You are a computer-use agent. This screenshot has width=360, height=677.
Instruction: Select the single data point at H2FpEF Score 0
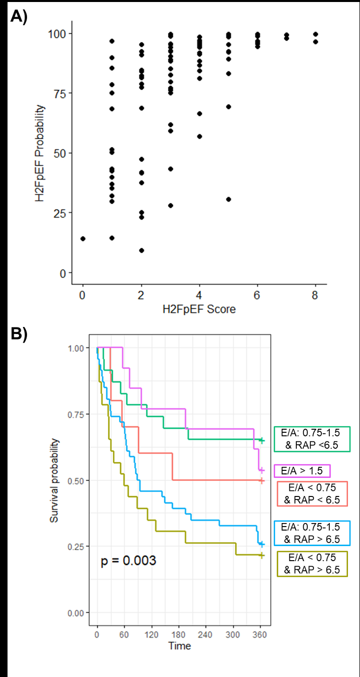point(83,239)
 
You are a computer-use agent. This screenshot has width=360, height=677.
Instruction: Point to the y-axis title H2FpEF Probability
point(40,152)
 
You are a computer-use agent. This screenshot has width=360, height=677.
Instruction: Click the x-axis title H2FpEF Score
point(200,309)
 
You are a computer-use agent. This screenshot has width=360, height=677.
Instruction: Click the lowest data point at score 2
point(141,250)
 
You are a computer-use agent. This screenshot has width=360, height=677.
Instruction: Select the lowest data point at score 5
point(229,199)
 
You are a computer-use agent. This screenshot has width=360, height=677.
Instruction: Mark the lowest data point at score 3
point(170,206)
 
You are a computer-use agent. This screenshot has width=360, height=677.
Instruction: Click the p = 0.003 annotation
point(128,560)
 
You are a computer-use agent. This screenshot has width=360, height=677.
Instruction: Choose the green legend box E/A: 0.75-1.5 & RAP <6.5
point(312,439)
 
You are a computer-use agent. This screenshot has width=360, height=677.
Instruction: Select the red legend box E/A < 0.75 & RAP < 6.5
point(312,493)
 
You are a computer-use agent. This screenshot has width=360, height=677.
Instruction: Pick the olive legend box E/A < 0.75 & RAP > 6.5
point(312,564)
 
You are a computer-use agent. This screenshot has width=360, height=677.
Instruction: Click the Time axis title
point(179,645)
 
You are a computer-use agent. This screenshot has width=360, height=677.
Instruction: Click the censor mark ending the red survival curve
point(261,480)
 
